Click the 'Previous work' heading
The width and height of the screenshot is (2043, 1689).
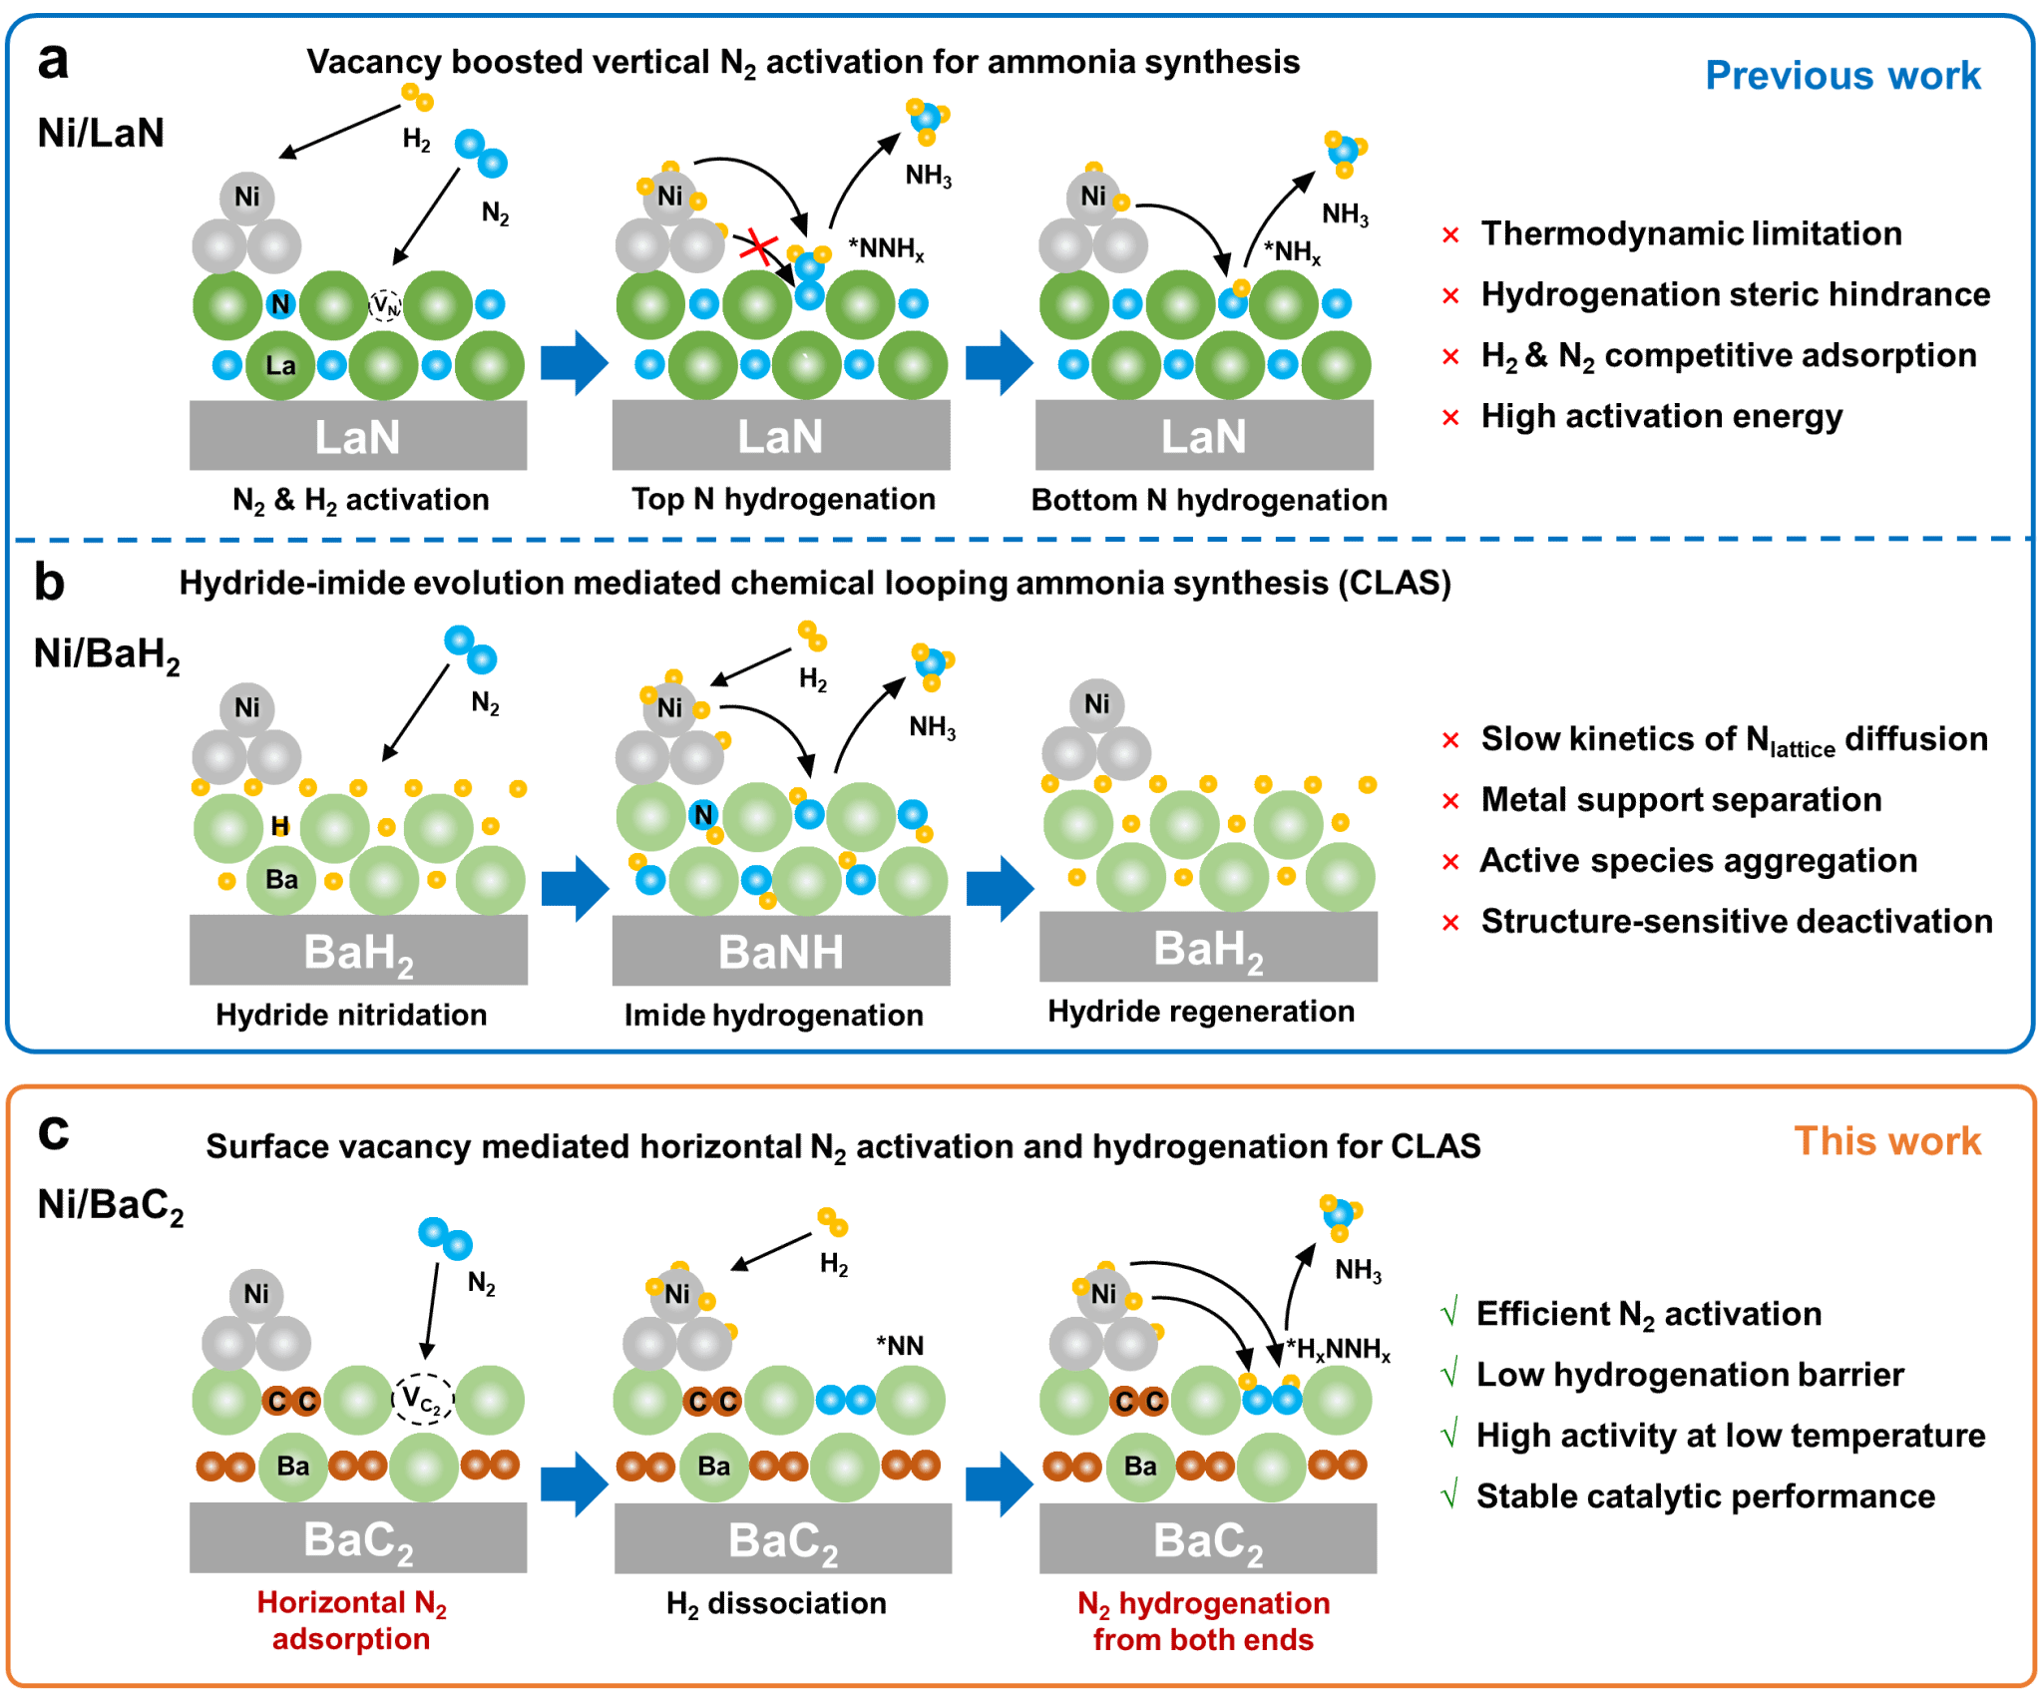pyautogui.click(x=1842, y=77)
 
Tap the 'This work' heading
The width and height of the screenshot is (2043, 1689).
pyautogui.click(x=1886, y=1141)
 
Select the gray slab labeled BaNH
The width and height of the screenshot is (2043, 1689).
pyautogui.click(x=780, y=951)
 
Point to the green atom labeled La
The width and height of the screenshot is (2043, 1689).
pyautogui.click(x=280, y=366)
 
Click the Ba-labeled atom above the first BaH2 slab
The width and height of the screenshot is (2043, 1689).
pyautogui.click(x=281, y=880)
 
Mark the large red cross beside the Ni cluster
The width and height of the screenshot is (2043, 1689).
pyautogui.click(x=759, y=246)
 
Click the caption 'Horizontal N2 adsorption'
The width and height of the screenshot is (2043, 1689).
pyautogui.click(x=352, y=1620)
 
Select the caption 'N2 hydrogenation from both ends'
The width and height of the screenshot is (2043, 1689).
pyautogui.click(x=1203, y=1621)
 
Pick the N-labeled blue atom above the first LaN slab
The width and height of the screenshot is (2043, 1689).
pyautogui.click(x=280, y=304)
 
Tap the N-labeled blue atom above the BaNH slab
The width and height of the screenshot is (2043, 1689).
pyautogui.click(x=704, y=815)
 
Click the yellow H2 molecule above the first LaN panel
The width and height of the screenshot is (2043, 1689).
pyautogui.click(x=418, y=97)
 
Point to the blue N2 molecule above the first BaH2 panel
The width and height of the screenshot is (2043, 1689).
pyautogui.click(x=470, y=649)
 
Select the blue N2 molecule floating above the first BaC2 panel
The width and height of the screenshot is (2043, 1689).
pyautogui.click(x=445, y=1238)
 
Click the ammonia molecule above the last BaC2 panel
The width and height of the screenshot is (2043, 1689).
pyautogui.click(x=1339, y=1216)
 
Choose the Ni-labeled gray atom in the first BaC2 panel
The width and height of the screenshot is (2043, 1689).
pyautogui.click(x=256, y=1294)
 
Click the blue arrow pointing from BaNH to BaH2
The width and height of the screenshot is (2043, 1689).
pyautogui.click(x=1000, y=888)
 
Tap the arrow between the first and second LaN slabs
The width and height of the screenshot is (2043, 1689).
pyautogui.click(x=575, y=363)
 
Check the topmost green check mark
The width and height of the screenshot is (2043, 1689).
pyautogui.click(x=1450, y=1311)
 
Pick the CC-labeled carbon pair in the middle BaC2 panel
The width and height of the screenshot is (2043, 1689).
pyautogui.click(x=713, y=1402)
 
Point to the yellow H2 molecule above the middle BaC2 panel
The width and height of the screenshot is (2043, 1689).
pyautogui.click(x=833, y=1222)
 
